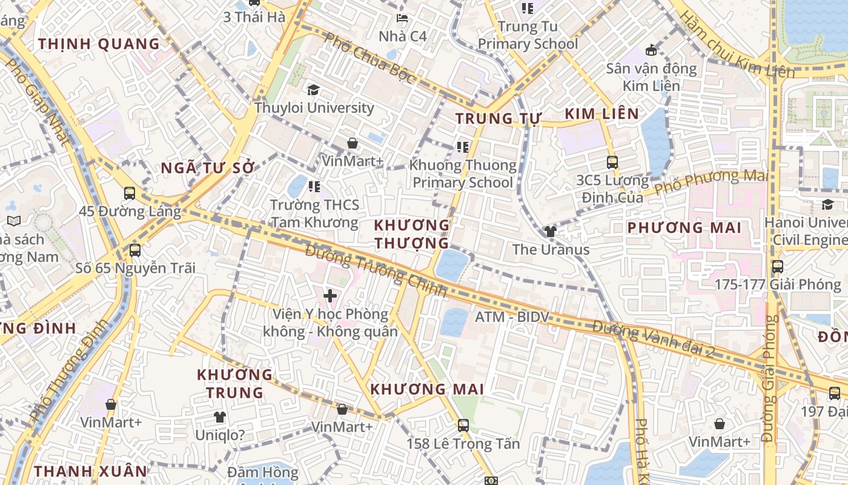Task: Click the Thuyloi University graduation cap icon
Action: coord(313,90)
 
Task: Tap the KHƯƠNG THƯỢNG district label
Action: coord(412,234)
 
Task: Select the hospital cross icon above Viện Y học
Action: coord(330,296)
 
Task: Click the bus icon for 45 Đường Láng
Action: coord(130,193)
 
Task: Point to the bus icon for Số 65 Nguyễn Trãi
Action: coord(135,250)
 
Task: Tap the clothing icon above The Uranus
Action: coord(550,231)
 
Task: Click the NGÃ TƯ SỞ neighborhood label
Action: coord(207,169)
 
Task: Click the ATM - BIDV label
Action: coord(512,316)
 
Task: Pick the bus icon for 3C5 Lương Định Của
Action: coord(612,162)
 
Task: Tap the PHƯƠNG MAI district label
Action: coord(684,228)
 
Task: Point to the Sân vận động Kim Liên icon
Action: coord(652,50)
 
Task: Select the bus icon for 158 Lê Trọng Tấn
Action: coord(463,425)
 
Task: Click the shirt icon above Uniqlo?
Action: coord(219,417)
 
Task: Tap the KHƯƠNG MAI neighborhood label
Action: coord(427,389)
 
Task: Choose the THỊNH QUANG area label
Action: coord(99,44)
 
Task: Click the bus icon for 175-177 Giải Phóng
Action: coord(778,266)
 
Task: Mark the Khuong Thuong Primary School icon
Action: coord(463,147)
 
